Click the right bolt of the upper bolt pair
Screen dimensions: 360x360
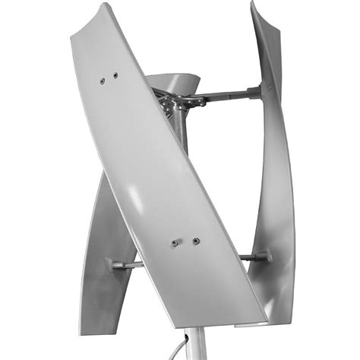point(115,75)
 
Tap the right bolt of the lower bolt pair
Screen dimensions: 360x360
point(196,242)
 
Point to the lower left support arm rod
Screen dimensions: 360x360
point(129,264)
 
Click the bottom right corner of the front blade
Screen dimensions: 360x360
point(262,319)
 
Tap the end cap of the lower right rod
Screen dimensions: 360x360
point(267,257)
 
